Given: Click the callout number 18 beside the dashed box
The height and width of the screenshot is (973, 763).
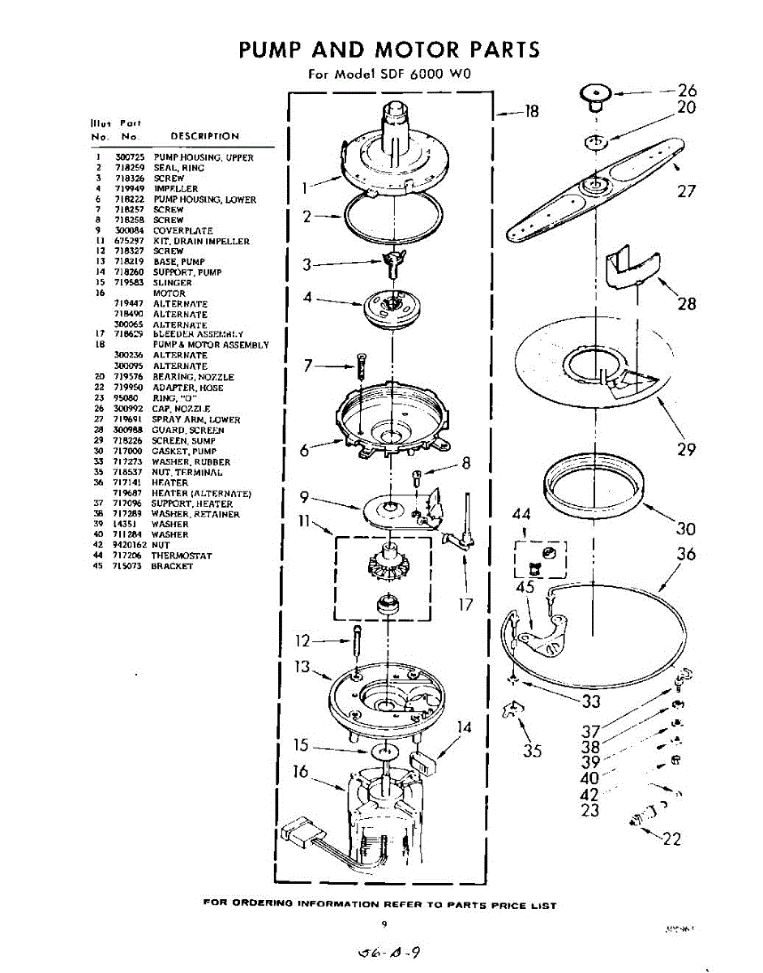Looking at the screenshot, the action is click(531, 111).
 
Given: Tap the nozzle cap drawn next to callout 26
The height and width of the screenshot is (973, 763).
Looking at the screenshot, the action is click(595, 96).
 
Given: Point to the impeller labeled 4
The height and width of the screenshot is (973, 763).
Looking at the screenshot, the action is click(391, 308).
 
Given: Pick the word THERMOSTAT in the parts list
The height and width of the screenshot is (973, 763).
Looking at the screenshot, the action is click(182, 556).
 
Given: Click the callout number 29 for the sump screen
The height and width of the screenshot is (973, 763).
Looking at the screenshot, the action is click(686, 448).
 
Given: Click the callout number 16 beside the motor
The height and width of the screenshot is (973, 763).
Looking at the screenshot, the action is click(301, 771).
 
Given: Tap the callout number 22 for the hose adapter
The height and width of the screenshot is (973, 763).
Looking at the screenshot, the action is click(671, 839).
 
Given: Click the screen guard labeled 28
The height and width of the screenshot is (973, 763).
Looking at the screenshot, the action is click(633, 267).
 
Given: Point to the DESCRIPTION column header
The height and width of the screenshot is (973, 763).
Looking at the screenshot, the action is click(205, 136).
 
